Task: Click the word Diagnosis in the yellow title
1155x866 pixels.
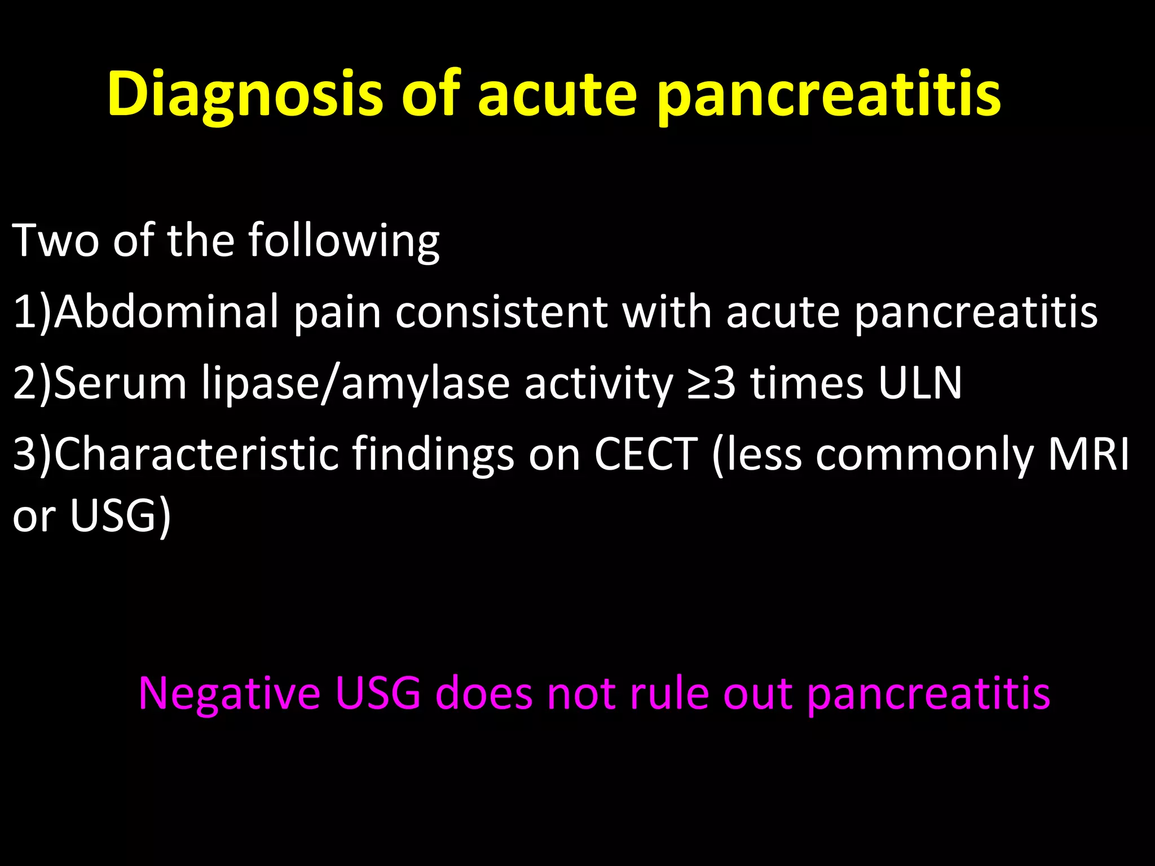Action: tap(245, 94)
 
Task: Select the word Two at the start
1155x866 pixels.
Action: tap(55, 240)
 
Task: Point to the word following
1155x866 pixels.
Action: tap(343, 241)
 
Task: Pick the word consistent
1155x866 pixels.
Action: tap(501, 311)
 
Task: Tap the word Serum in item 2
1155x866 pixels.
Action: tap(120, 383)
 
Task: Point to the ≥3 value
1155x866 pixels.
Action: tap(712, 383)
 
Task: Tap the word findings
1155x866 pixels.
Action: tap(433, 454)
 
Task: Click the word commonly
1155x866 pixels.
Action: tap(924, 454)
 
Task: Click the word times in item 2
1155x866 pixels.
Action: tap(806, 383)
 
